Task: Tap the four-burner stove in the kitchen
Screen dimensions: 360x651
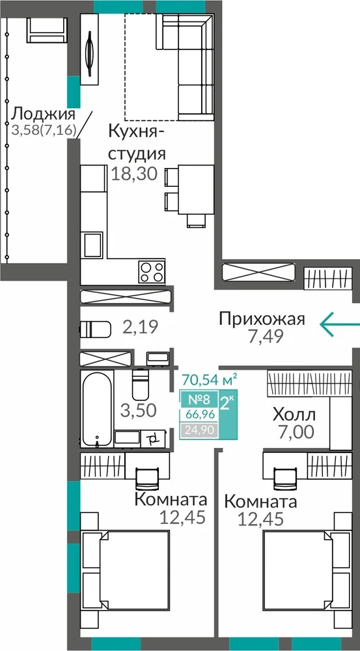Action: click(x=151, y=272)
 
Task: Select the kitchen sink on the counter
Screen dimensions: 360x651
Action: click(x=92, y=245)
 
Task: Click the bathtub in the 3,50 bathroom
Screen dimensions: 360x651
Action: click(x=97, y=409)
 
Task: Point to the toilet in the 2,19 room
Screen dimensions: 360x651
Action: click(x=96, y=329)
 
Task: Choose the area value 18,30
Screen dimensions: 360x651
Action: click(x=135, y=174)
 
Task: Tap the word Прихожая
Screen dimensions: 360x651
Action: click(x=262, y=319)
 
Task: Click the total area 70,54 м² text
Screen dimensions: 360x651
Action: click(x=210, y=378)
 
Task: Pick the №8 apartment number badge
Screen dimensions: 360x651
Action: click(x=199, y=400)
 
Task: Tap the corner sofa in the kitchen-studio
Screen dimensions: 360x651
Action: click(x=185, y=66)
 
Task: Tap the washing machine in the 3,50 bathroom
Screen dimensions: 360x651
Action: click(x=154, y=437)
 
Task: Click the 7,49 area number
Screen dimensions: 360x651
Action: click(x=266, y=335)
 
